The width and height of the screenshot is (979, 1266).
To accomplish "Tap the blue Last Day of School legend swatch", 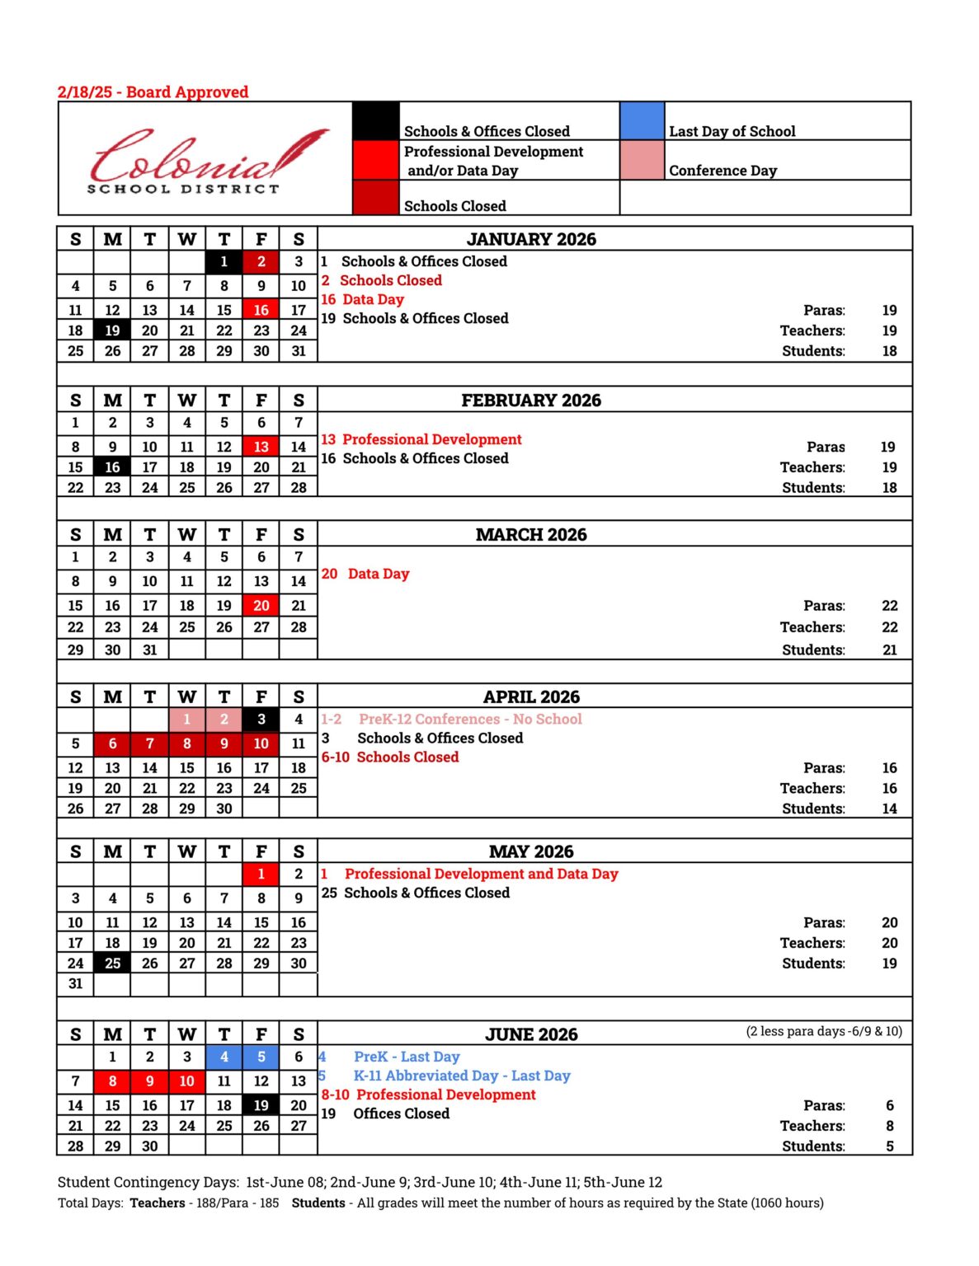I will click(x=642, y=121).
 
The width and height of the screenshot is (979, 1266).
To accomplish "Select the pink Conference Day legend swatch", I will click(x=642, y=160).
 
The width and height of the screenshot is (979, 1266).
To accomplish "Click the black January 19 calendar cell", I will click(x=112, y=331).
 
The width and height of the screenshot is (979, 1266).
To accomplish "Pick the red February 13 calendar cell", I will click(x=261, y=447).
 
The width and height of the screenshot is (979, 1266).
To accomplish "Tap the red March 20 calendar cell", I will click(x=261, y=606).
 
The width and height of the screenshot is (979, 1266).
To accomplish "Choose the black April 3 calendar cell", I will click(x=261, y=720).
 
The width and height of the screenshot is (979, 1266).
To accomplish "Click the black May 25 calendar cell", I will click(x=112, y=964).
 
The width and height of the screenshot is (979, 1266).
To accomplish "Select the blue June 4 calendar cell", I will click(x=224, y=1057).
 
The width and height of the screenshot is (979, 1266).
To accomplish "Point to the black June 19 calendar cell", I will click(x=261, y=1105).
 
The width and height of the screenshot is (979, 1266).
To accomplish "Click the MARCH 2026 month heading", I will click(x=531, y=535).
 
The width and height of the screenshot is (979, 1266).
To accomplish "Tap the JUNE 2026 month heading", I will click(x=531, y=1034).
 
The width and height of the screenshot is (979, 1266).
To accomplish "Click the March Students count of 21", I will click(x=889, y=650).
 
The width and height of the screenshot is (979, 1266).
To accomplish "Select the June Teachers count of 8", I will click(x=889, y=1126).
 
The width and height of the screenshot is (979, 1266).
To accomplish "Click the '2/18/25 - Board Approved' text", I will click(x=153, y=92).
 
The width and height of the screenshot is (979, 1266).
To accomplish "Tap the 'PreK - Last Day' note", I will click(x=406, y=1057).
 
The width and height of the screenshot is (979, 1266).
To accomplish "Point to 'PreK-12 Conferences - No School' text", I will click(x=470, y=720).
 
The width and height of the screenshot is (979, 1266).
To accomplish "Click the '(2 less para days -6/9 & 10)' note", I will click(x=823, y=1031).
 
